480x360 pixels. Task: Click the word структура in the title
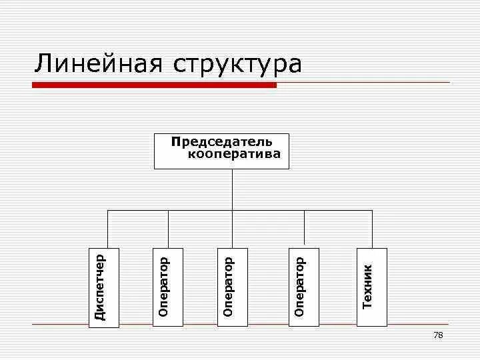pyautogui.click(x=237, y=65)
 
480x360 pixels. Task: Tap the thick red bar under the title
pyautogui.click(x=155, y=85)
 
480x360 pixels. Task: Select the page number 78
pyautogui.click(x=438, y=335)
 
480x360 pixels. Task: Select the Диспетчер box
pyautogui.click(x=104, y=287)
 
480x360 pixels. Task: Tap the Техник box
pyautogui.click(x=371, y=287)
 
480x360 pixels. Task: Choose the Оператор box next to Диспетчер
pyautogui.click(x=167, y=287)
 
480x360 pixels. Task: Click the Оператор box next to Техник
pyautogui.click(x=304, y=287)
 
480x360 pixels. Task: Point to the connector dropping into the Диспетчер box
pyautogui.click(x=108, y=228)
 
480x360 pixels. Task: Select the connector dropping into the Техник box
pyautogui.click(x=372, y=228)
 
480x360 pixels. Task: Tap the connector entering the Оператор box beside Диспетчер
pyautogui.click(x=168, y=228)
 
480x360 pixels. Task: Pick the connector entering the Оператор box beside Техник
pyautogui.click(x=304, y=228)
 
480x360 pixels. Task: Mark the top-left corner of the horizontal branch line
pyautogui.click(x=108, y=210)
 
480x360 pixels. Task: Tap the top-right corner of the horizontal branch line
pyautogui.click(x=372, y=210)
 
